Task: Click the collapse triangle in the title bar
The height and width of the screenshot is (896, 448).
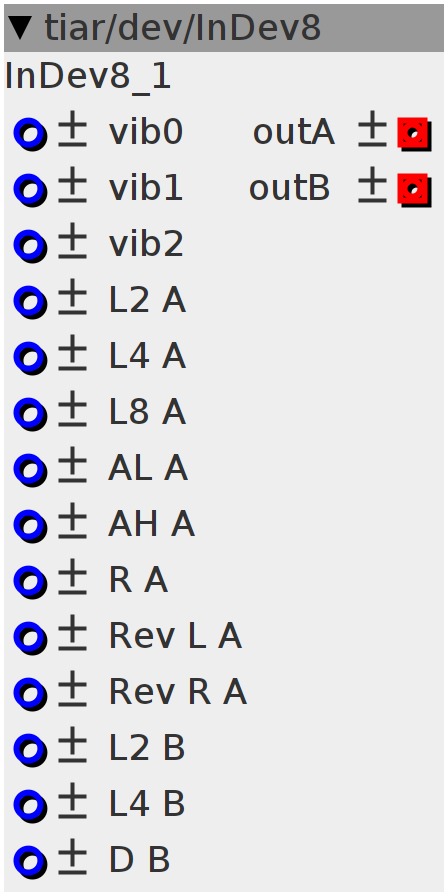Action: point(20,28)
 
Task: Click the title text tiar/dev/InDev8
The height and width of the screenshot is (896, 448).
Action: point(182,27)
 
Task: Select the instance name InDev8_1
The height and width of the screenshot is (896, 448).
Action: point(87,77)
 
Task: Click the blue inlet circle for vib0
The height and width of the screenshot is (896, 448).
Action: point(30,135)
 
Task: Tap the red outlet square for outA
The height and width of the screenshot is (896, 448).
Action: point(414,134)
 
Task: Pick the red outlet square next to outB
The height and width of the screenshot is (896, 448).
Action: point(414,190)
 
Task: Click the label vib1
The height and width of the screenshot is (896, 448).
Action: point(146,188)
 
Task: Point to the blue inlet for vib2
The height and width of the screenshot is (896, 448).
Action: point(30,247)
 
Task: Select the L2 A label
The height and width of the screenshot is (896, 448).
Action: point(147,300)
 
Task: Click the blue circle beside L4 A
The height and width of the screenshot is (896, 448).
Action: point(30,359)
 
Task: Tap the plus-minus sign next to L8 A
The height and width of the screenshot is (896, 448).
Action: point(73,409)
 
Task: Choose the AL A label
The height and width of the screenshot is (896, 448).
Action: point(147,468)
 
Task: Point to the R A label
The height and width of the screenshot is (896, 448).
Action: point(138,580)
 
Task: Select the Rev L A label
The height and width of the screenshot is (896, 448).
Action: point(175,636)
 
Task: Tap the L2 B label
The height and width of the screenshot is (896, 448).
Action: point(147,748)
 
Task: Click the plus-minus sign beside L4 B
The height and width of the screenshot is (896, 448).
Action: point(73,801)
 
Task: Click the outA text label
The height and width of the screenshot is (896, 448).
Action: point(294,133)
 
